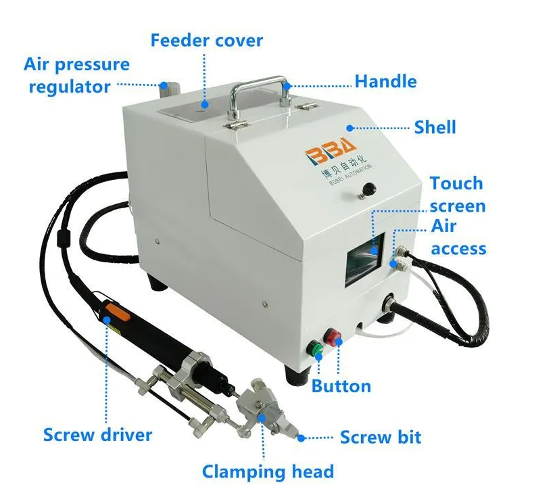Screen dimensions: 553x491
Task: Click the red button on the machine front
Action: coord(333,336)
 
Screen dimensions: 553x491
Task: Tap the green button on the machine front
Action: coord(315,348)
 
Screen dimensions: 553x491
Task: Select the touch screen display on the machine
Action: coord(364,258)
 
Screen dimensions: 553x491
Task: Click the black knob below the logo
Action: coord(369,189)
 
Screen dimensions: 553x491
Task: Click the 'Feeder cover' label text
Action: coord(207,40)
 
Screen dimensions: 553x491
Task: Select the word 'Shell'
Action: coord(435,127)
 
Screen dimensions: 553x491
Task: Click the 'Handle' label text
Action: coord(385,81)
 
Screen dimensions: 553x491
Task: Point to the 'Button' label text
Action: coord(341,386)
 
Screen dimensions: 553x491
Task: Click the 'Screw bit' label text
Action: coord(381,437)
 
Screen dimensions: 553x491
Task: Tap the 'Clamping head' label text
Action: coord(268,471)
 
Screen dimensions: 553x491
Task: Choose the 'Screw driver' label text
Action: coord(97,435)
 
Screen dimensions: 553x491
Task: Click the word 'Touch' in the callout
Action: coord(456,183)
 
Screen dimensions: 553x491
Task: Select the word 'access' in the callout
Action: coord(458,249)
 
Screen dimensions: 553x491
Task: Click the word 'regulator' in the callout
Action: coord(70,87)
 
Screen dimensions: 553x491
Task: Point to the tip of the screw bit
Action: coord(299,438)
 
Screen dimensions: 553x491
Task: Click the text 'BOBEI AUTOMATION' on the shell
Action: coord(350,175)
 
